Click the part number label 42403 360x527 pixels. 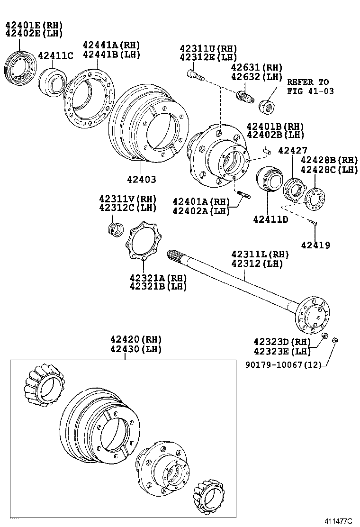(141, 180)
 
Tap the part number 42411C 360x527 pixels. (55, 55)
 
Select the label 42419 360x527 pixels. (315, 245)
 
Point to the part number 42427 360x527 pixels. (293, 150)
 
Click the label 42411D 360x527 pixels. (270, 219)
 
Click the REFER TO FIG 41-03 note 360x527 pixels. (308, 86)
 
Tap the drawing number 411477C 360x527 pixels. (338, 521)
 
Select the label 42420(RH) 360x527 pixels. (136, 339)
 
